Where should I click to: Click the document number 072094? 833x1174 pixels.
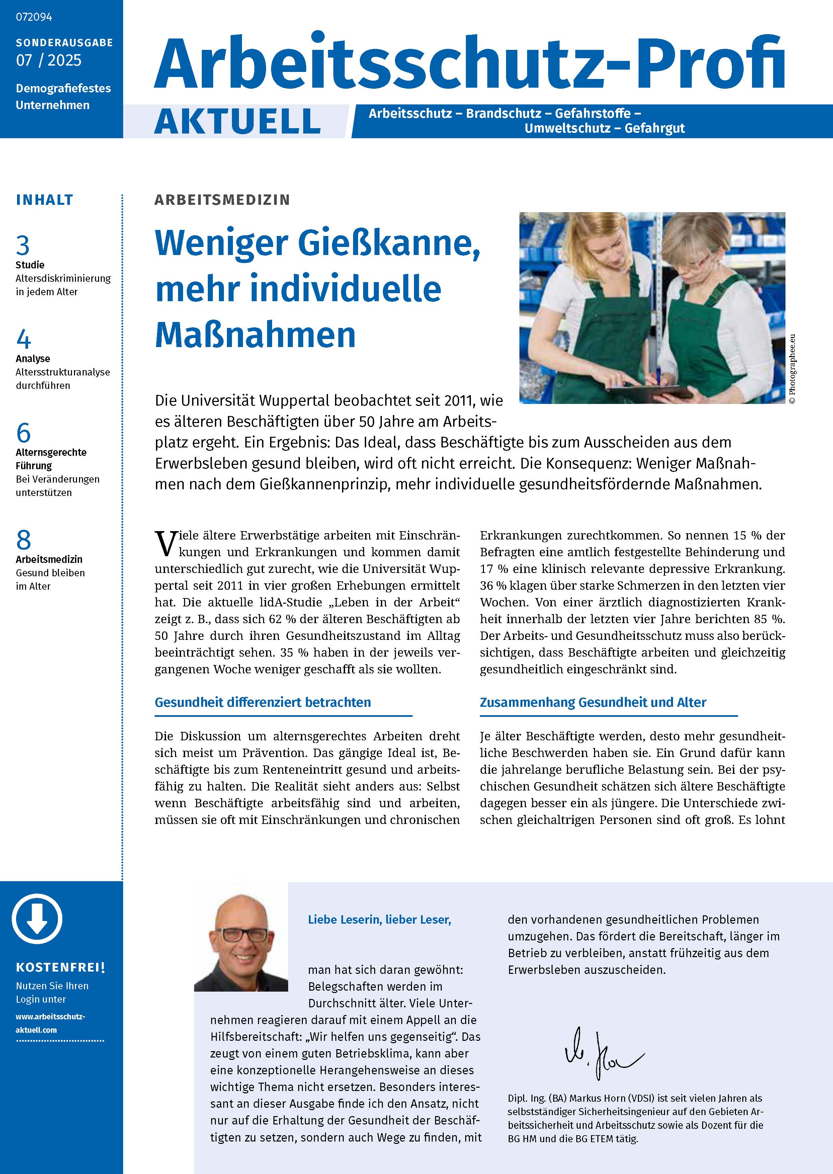[34, 17]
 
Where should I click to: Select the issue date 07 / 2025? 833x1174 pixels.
[49, 61]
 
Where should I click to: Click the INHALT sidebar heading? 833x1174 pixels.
[45, 200]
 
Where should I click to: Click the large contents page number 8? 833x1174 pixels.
[24, 540]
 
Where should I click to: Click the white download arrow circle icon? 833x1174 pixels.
[37, 920]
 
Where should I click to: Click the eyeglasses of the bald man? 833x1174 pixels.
[241, 934]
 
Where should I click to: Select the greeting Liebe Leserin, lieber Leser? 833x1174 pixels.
[379, 920]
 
